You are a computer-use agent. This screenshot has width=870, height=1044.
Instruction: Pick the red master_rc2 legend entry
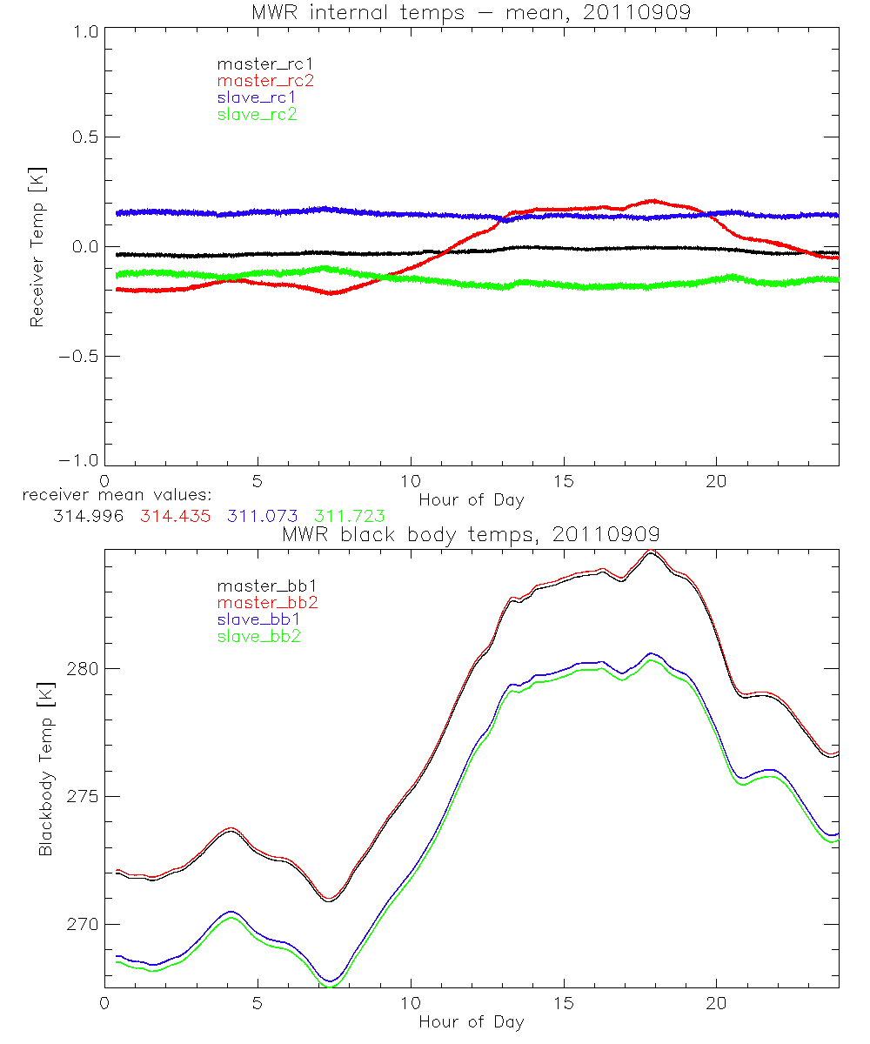(265, 80)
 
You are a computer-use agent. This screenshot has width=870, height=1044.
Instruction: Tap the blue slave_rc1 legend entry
(257, 97)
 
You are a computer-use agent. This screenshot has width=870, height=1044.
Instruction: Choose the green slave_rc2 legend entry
(257, 114)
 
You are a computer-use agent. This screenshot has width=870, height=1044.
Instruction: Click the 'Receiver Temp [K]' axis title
(37, 246)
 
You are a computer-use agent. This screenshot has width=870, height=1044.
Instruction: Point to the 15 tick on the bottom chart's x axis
(564, 1003)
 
